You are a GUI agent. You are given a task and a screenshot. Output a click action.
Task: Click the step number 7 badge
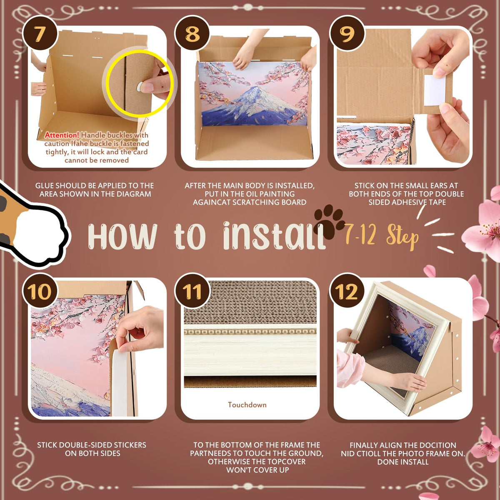pyautogui.click(x=40, y=34)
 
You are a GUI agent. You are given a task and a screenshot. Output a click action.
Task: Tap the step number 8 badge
pyautogui.click(x=192, y=34)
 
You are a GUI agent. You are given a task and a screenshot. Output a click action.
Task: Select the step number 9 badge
pyautogui.click(x=347, y=34)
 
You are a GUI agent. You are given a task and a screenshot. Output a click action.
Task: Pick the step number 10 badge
pyautogui.click(x=40, y=291)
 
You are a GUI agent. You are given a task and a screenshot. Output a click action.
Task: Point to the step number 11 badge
pyautogui.click(x=192, y=291)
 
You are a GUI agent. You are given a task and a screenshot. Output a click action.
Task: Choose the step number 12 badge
pyautogui.click(x=347, y=291)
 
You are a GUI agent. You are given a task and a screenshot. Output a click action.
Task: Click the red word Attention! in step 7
pyautogui.click(x=62, y=135)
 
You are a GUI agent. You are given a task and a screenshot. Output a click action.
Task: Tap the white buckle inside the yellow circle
pyautogui.click(x=140, y=87)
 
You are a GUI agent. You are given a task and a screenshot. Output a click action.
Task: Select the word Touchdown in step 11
pyautogui.click(x=247, y=405)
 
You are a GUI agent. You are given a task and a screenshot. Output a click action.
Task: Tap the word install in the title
pyautogui.click(x=274, y=236)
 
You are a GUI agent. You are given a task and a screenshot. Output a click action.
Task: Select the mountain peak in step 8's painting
pyautogui.click(x=255, y=87)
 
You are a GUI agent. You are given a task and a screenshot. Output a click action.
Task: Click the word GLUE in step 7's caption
pyautogui.click(x=45, y=186)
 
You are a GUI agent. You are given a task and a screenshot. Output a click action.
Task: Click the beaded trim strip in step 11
pyautogui.click(x=250, y=332)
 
